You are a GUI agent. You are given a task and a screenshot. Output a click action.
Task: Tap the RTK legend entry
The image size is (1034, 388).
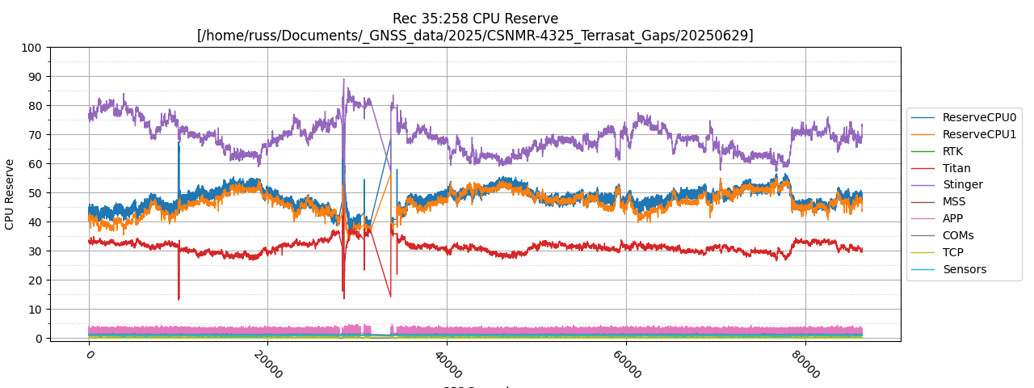pos(952,151)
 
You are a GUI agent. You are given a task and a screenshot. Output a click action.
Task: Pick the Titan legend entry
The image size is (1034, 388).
pos(956,168)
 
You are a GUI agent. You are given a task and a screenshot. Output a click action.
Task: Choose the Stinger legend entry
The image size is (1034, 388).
pos(962,185)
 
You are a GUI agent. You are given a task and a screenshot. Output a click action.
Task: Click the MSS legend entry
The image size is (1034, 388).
pos(954,202)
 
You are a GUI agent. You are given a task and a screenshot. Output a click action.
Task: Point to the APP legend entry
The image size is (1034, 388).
pos(952,219)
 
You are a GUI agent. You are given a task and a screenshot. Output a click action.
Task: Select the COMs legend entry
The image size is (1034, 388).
pos(958,236)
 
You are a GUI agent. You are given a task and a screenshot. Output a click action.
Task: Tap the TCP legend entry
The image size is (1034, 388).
pos(952,253)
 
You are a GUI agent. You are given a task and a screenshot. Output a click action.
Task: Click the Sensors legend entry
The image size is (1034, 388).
pos(964,270)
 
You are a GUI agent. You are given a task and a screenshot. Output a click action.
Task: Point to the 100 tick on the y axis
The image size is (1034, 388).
pos(32,48)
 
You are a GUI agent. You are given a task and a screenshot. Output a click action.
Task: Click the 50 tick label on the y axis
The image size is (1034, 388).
pos(35,193)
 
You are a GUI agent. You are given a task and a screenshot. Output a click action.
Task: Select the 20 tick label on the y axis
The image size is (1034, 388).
pos(35,280)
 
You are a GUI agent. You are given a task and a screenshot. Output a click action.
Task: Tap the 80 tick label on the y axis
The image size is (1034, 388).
pos(35,106)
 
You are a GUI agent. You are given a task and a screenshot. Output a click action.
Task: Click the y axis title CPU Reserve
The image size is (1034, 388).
pos(10,194)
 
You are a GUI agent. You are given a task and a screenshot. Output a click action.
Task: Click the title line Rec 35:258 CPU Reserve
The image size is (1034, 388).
pos(475,19)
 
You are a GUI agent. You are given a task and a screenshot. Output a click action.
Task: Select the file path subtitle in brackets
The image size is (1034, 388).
pos(475,36)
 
